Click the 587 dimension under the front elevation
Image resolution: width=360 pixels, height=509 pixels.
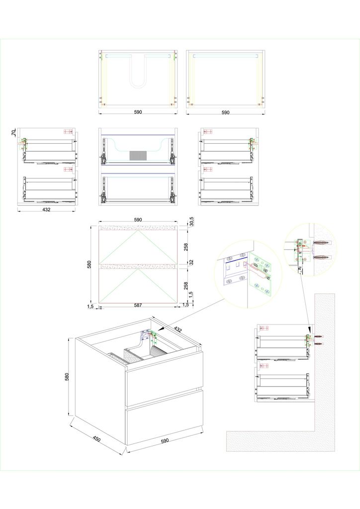(138, 305)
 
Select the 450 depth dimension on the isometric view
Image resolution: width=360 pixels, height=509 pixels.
(96, 439)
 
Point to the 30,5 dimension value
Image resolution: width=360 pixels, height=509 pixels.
(191, 221)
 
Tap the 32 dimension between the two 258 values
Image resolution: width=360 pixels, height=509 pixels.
(191, 262)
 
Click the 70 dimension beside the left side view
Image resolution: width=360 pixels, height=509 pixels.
(13, 133)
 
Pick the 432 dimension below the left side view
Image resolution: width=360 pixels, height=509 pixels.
(46, 209)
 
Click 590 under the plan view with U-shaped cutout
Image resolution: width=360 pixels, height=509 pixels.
(138, 112)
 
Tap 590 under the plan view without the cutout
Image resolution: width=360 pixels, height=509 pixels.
(225, 112)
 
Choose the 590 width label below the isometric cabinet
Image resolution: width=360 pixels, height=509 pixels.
(165, 441)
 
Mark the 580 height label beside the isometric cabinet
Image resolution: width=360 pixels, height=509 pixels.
(67, 377)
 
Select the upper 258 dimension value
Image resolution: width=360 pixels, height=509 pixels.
(186, 248)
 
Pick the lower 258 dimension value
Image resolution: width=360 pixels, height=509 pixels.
(186, 285)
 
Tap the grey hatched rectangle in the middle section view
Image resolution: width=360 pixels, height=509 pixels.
(136, 156)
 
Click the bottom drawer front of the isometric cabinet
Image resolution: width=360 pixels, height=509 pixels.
(164, 417)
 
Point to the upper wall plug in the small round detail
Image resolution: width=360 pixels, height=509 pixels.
(321, 243)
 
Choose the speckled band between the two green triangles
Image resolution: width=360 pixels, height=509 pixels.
(139, 267)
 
